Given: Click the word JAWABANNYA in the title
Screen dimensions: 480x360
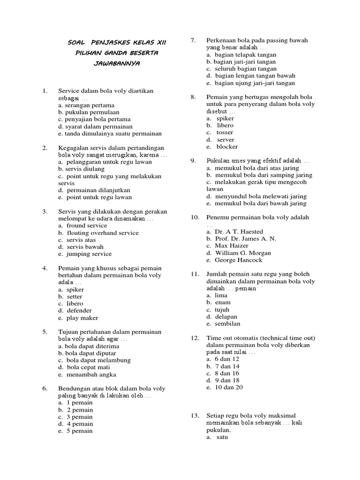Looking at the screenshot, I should [117, 63].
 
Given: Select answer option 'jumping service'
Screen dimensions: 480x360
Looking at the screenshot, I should [89, 254].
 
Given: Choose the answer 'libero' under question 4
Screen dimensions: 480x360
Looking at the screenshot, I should [75, 304].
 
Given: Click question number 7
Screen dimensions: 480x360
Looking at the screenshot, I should [193, 40].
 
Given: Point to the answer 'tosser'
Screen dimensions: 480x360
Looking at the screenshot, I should [225, 133].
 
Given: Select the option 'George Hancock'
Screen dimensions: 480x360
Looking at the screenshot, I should [239, 260].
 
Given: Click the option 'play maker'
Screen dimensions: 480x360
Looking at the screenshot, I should [82, 318].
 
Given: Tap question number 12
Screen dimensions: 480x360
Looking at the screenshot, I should [195, 338].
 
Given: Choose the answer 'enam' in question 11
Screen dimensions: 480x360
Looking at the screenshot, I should [223, 303].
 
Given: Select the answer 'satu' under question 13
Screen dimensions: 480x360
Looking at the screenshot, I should [222, 437].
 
